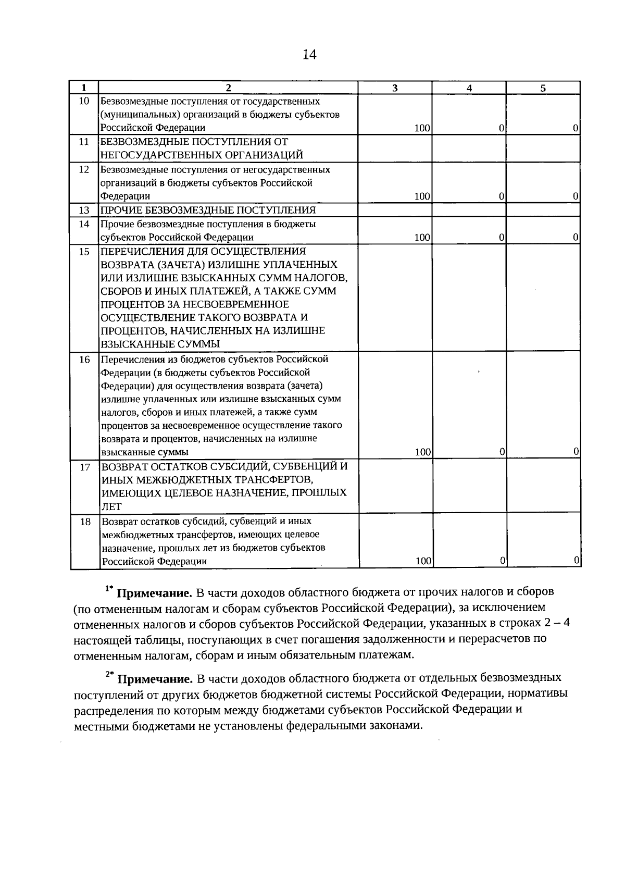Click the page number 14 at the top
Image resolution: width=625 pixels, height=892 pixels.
click(309, 55)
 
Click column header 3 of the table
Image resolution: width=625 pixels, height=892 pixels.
click(395, 88)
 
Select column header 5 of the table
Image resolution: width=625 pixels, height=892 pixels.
click(543, 88)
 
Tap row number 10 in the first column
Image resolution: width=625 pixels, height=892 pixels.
click(84, 101)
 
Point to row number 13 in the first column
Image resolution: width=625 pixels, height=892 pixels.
click(84, 210)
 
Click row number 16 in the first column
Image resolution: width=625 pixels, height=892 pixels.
click(84, 360)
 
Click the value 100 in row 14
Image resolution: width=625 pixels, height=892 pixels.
click(422, 238)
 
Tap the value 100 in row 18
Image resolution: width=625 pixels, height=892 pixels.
click(423, 561)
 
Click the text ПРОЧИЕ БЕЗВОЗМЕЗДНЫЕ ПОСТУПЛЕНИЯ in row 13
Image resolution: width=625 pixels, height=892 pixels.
click(208, 210)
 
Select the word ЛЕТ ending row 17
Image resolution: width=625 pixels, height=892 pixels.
click(111, 506)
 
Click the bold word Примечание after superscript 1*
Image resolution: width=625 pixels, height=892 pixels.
click(154, 593)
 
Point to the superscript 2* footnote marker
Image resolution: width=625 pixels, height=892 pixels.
click(109, 674)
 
